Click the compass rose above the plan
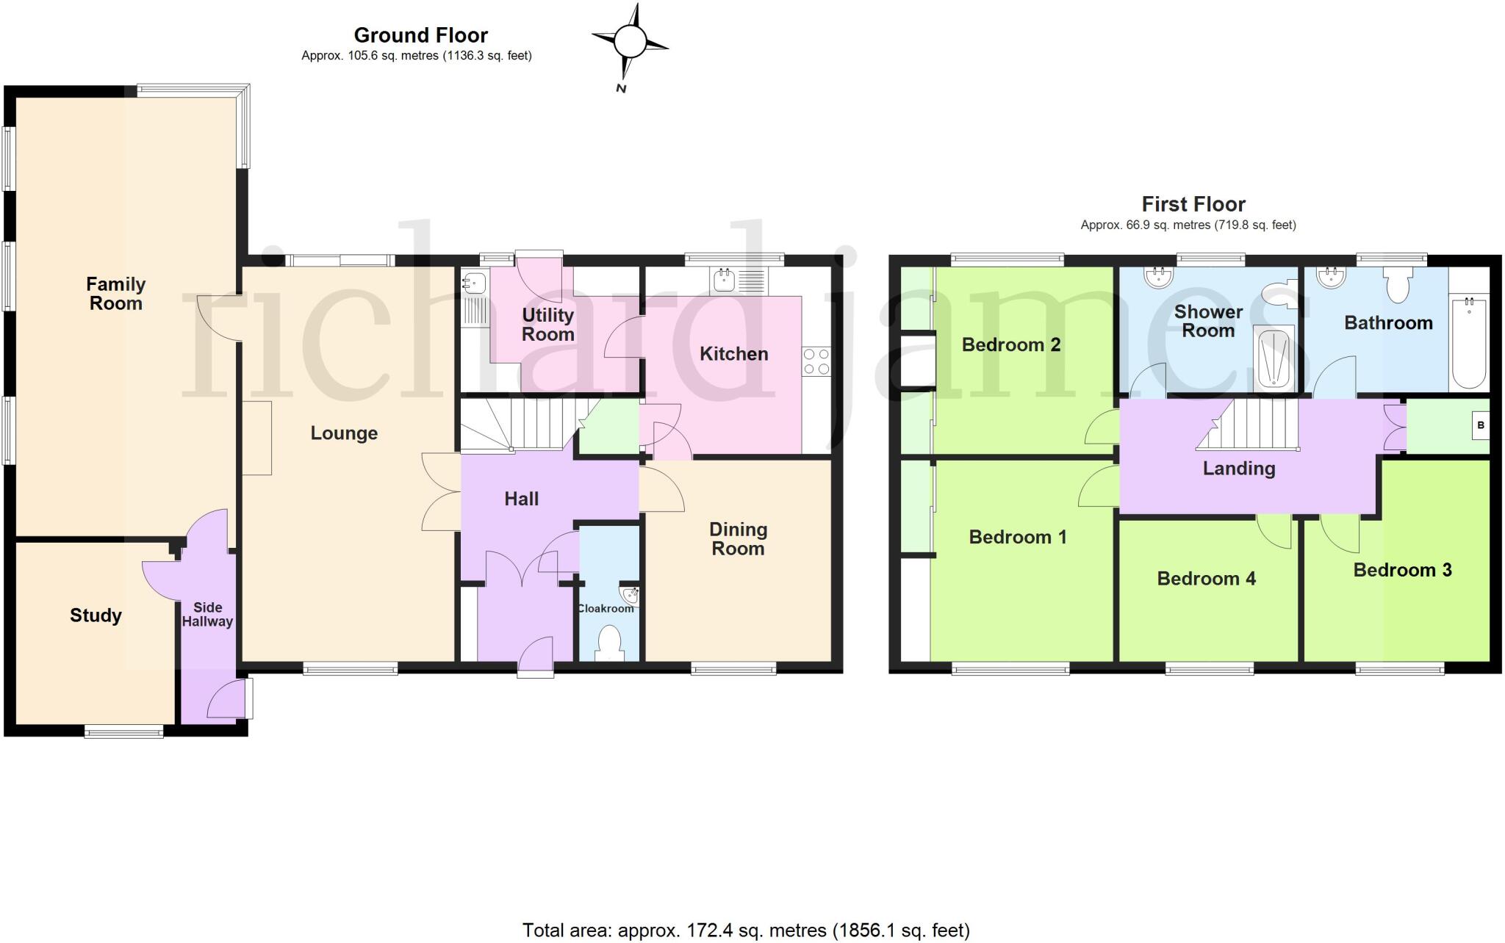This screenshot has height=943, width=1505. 630,41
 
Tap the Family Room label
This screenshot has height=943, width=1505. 115,294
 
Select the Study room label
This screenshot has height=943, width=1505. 96,615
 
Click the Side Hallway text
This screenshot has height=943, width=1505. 207,615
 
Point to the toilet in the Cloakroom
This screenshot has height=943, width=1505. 609,643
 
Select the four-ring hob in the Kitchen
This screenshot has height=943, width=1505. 816,361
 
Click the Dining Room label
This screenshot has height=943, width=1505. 738,539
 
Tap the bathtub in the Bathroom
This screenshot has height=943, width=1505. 1468,342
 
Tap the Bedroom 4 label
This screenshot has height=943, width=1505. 1206,579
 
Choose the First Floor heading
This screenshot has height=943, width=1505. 1193,204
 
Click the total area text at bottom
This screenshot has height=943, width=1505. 746,931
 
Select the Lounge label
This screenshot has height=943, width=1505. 344,433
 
